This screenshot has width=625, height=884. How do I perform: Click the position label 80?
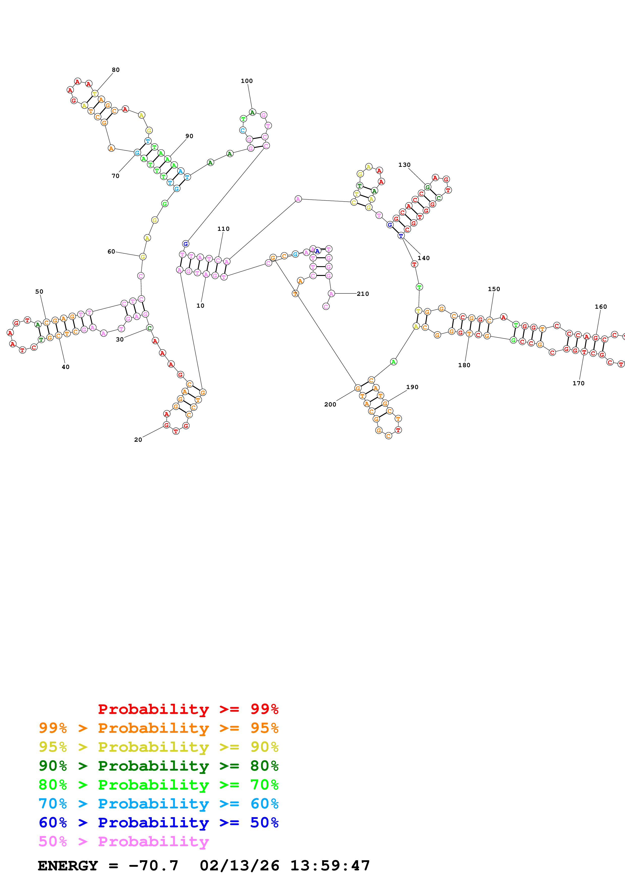pyautogui.click(x=115, y=70)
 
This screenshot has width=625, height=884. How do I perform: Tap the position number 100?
pyautogui.click(x=247, y=81)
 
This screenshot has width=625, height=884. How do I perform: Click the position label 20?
pyautogui.click(x=138, y=440)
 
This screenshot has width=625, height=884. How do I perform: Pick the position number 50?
pyautogui.click(x=39, y=292)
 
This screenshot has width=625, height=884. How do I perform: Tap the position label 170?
pyautogui.click(x=578, y=383)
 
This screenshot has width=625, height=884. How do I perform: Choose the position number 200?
pyautogui.click(x=330, y=404)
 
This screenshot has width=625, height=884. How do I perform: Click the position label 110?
pyautogui.click(x=223, y=229)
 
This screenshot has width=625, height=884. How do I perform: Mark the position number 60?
pyautogui.click(x=111, y=251)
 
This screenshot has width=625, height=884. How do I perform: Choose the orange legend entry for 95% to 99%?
pyautogui.click(x=158, y=728)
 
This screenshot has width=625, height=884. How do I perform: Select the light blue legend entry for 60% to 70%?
pyautogui.click(x=158, y=804)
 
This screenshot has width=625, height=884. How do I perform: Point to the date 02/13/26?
pyautogui.click(x=239, y=866)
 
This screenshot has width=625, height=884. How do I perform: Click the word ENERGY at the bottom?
pyautogui.click(x=68, y=866)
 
